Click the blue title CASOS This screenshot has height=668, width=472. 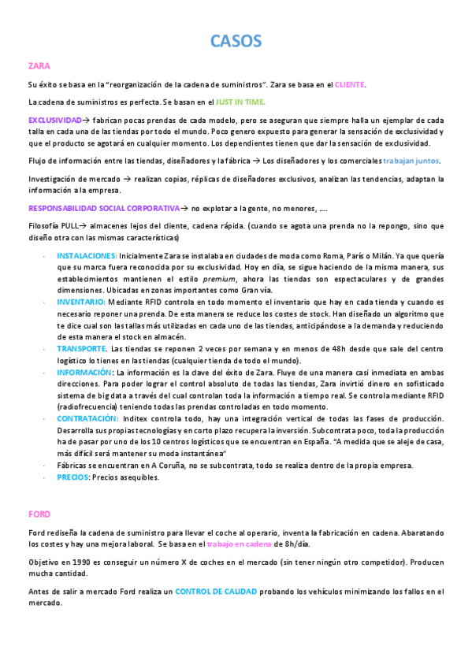(236, 40)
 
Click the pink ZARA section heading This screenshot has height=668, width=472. (39, 65)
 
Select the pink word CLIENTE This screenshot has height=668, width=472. (350, 84)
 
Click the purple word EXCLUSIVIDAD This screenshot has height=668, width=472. (54, 120)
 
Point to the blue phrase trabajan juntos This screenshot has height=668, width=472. (407, 161)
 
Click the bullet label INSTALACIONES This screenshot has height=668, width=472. (87, 256)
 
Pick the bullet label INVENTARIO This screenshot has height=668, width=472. (80, 302)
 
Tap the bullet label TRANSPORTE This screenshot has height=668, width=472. (82, 348)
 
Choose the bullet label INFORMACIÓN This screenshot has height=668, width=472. (84, 372)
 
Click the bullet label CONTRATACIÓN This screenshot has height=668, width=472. (87, 418)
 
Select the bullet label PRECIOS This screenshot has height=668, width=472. (72, 477)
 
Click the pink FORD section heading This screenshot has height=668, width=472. (39, 514)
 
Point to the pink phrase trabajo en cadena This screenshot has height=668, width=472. (239, 544)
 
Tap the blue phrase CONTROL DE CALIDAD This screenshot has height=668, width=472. (217, 591)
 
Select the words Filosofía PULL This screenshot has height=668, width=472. (53, 226)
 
